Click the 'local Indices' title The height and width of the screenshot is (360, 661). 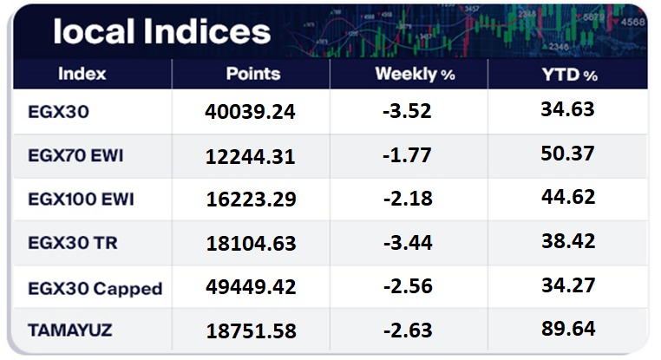tap(161, 32)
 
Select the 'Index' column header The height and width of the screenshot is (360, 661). tap(82, 74)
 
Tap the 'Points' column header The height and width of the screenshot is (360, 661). tap(252, 74)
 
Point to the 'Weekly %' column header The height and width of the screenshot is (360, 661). tap(415, 75)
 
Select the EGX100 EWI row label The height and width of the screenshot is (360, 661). tap(83, 200)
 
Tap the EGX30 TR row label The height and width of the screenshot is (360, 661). tap(73, 243)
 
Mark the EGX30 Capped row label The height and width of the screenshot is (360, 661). tap(95, 287)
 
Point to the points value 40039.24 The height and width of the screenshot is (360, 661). tap(252, 113)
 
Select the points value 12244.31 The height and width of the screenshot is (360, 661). tap(252, 157)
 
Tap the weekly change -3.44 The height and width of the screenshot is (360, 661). tap(409, 244)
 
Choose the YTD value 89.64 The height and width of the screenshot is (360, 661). tap(567, 329)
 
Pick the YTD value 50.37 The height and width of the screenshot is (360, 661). tap(567, 154)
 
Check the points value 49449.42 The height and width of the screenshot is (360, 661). tap(252, 287)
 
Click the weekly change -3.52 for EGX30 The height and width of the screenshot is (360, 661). tap(409, 113)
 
